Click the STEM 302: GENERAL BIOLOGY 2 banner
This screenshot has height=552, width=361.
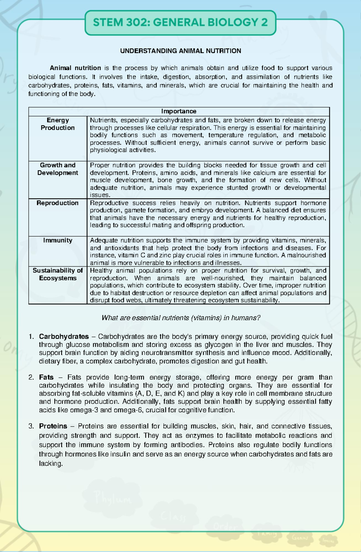(x=180, y=23)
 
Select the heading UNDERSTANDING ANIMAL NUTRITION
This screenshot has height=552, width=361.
(x=180, y=51)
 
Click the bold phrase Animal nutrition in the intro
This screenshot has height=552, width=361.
(x=75, y=68)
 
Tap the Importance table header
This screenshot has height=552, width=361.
(x=179, y=112)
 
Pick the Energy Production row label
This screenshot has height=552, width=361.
(x=57, y=124)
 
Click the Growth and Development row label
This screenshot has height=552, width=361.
(x=57, y=169)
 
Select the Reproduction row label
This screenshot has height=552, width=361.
(x=57, y=203)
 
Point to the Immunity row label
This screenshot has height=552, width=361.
(x=57, y=240)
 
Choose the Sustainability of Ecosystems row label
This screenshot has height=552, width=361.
(x=57, y=274)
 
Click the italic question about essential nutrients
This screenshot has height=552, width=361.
(x=181, y=318)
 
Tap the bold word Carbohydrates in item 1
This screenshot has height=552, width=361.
(x=64, y=336)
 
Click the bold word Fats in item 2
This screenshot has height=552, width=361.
(x=46, y=377)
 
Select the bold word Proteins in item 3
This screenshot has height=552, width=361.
(x=53, y=426)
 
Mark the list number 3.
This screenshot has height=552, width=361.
(x=31, y=426)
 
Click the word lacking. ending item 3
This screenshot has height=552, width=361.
(x=51, y=464)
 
